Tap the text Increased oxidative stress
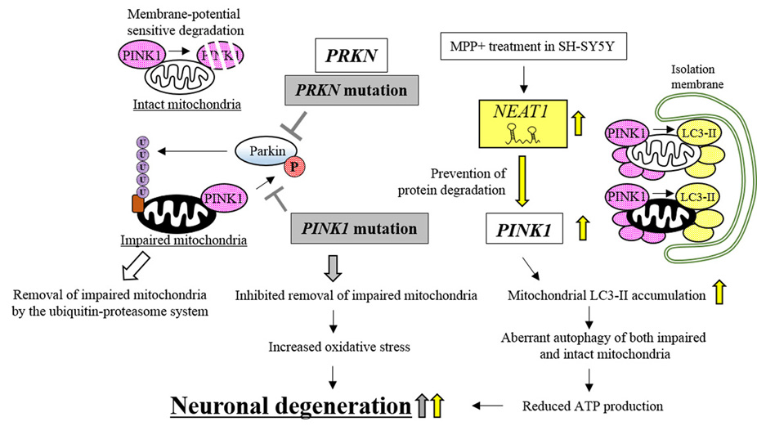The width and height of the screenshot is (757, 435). coord(334,346)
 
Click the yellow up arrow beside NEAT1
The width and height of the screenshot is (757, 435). coord(580,125)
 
